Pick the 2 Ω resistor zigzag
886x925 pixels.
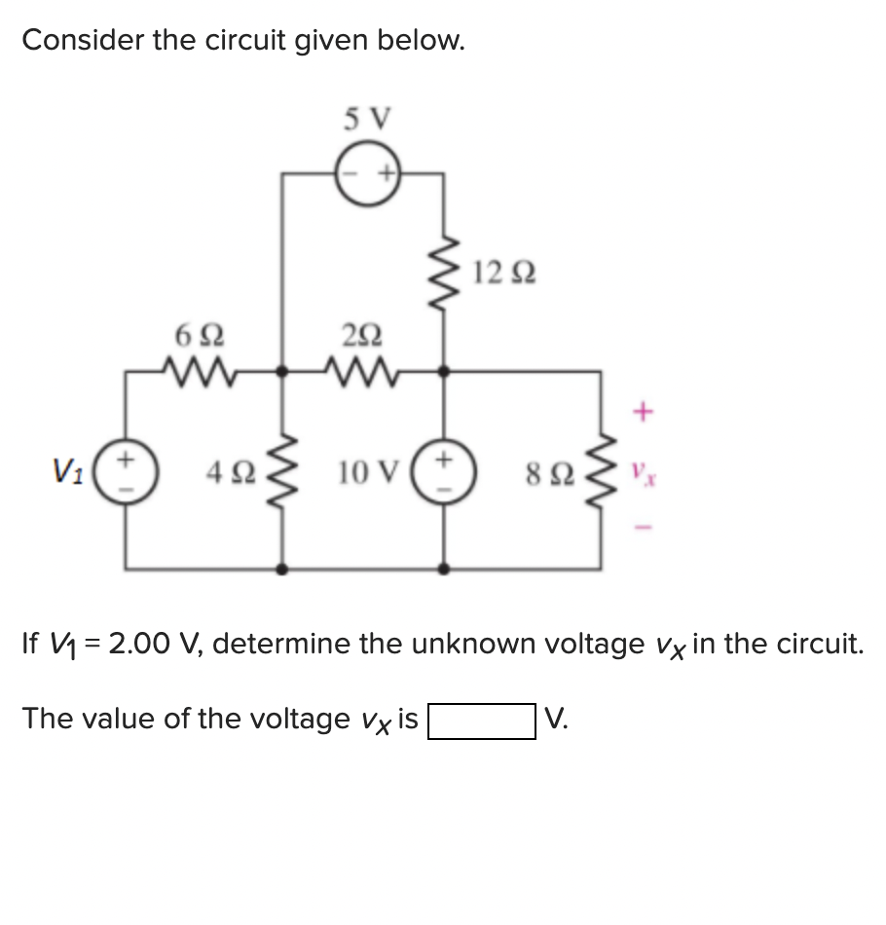(362, 371)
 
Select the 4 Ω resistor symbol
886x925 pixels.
(282, 474)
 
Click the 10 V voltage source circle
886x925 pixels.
(445, 473)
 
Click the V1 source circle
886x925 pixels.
(124, 473)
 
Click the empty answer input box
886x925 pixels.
(481, 721)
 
